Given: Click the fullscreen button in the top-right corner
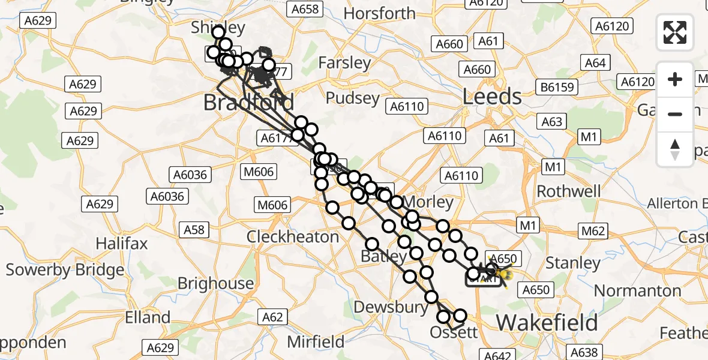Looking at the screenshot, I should coord(675,32).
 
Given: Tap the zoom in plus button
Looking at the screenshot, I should coord(675,79).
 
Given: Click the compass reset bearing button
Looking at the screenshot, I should coord(675,149).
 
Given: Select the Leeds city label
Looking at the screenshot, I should coord(492,97).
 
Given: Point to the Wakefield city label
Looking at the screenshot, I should coord(547,323).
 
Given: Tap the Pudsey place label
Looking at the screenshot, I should coord(353,98).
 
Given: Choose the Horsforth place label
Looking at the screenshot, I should coord(380,13).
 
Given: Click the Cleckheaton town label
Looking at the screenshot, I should coord(293,236).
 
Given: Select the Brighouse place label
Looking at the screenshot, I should coord(216,283).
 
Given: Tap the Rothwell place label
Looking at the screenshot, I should coord(568,191).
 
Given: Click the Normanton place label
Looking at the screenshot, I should coord(637,291).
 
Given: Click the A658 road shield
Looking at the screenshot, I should coord(305,9).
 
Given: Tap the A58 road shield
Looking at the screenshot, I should coord(194,229).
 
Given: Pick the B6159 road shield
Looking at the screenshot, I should coord(557,88).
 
